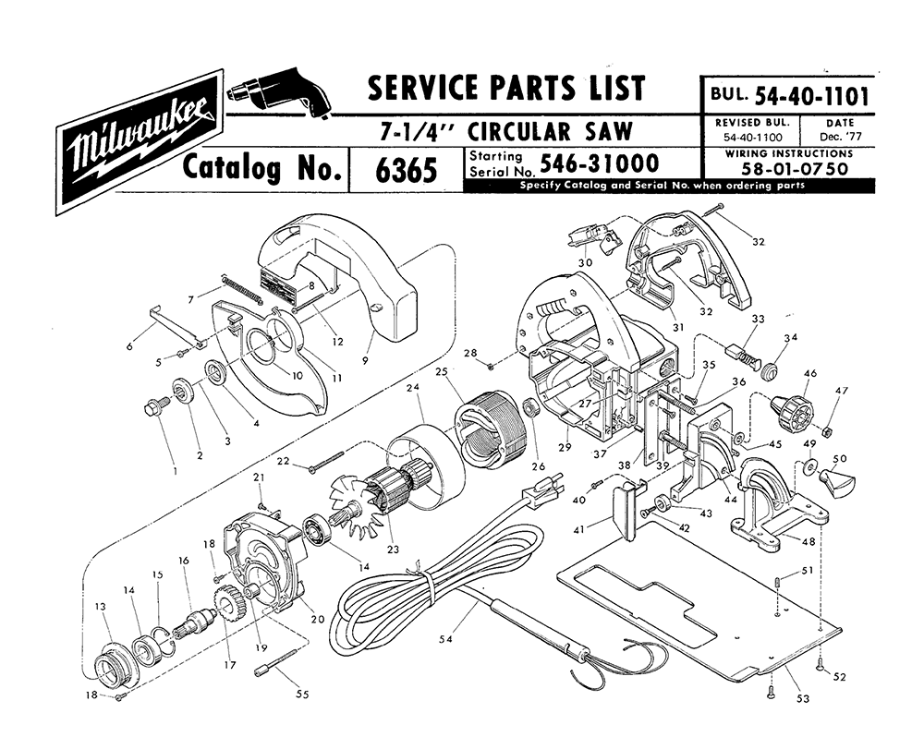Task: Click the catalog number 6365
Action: pos(406,170)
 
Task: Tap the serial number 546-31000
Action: pos(600,163)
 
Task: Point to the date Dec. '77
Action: pos(840,138)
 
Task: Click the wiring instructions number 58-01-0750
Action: pos(795,168)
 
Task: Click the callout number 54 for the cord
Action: pos(446,638)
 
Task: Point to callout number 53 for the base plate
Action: pos(803,698)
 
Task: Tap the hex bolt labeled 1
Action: pos(156,406)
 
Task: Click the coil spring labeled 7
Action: pos(241,288)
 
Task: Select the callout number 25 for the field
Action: pos(442,372)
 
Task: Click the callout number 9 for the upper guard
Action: pos(365,361)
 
